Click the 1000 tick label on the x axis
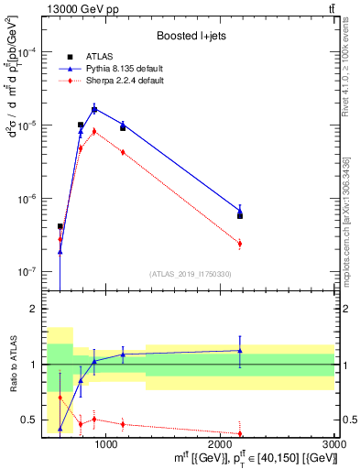(x=106, y=443)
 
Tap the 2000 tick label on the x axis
(x=221, y=443)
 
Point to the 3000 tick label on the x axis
(x=333, y=443)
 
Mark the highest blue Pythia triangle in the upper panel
(x=94, y=109)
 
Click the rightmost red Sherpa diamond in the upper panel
(x=240, y=244)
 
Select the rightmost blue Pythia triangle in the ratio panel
(x=240, y=350)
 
